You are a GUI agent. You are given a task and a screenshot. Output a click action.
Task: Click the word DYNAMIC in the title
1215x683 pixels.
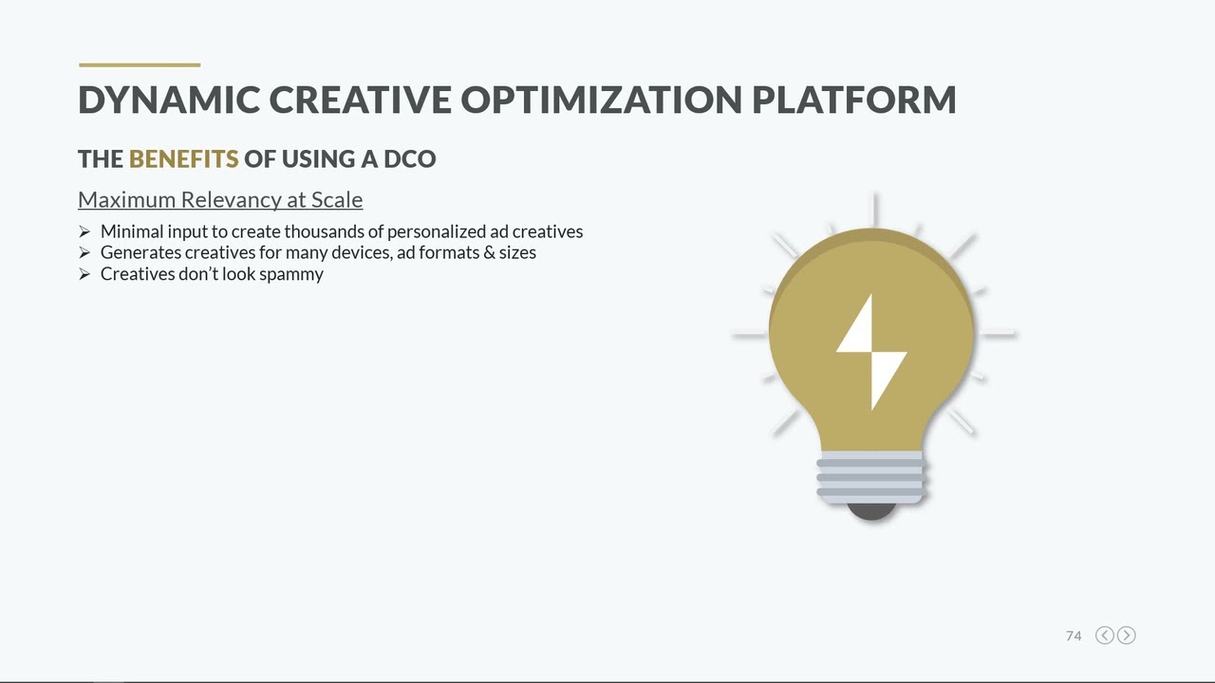point(168,100)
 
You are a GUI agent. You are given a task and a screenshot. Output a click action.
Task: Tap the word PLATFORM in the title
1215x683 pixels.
point(853,100)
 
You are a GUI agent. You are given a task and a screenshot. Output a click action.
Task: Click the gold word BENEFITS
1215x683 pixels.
point(183,158)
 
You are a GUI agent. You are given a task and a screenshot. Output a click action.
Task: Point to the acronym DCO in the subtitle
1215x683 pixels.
point(409,158)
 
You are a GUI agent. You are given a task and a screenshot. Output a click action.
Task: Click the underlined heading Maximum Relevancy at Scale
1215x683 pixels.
point(220,200)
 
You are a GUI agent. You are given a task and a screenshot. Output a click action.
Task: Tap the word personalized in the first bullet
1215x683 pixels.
point(436,231)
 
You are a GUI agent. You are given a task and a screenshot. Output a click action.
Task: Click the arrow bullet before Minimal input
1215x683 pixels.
point(84,231)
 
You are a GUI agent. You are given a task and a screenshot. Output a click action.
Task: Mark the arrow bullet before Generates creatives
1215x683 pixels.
point(84,252)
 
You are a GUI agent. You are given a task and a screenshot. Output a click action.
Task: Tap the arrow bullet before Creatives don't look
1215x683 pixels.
point(84,274)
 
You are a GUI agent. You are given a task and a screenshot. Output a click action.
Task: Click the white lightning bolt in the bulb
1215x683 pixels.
point(871,351)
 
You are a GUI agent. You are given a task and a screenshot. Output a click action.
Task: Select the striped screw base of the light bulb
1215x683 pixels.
point(870,477)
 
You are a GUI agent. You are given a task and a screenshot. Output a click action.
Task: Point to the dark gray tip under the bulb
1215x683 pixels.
point(870,512)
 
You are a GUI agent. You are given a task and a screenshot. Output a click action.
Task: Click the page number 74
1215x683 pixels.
point(1074,636)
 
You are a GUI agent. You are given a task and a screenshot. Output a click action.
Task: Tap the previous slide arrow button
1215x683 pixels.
point(1105,636)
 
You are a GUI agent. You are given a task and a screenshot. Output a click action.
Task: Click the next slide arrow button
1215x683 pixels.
point(1126,636)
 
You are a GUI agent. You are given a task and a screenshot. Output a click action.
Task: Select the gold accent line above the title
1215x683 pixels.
point(140,65)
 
